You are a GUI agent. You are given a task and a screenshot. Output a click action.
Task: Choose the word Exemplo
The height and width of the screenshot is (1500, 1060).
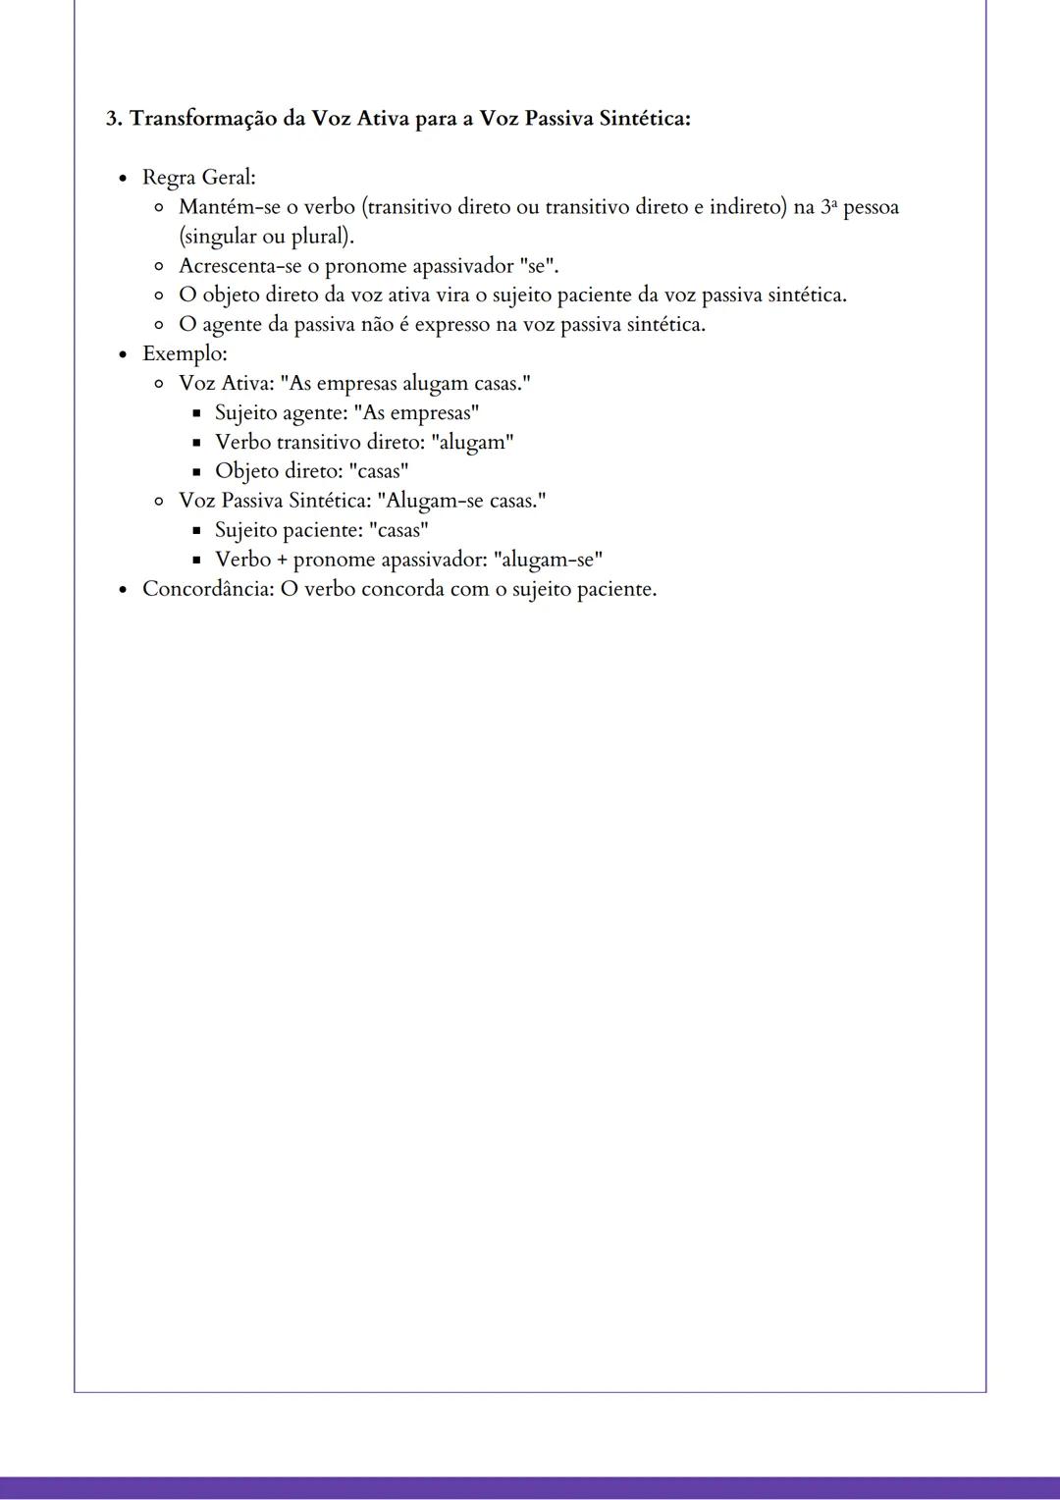(x=183, y=353)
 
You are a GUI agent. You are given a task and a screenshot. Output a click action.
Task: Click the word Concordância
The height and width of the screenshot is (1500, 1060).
(x=205, y=589)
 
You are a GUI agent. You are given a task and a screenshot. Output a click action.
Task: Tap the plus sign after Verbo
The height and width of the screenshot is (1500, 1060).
(x=282, y=561)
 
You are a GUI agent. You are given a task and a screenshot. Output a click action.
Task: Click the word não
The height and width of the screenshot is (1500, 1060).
(x=376, y=325)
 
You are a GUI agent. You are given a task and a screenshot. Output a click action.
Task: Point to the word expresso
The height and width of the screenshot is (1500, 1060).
(x=457, y=325)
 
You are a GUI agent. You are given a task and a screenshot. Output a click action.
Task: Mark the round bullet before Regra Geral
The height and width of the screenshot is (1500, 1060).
(x=123, y=179)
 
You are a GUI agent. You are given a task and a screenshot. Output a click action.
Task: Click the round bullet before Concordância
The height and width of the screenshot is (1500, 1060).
(x=123, y=590)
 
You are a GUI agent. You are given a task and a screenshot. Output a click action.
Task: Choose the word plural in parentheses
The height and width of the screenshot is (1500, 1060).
(x=319, y=237)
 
